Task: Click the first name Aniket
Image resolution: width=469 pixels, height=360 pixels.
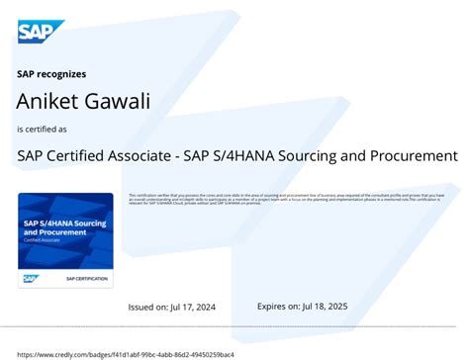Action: [45, 100]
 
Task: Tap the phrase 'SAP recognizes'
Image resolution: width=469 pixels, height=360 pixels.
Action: [51, 73]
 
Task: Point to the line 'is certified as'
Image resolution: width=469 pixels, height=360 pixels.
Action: [43, 130]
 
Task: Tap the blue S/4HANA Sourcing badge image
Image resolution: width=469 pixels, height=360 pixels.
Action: [65, 239]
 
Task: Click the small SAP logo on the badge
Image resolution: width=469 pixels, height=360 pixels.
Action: [31, 279]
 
